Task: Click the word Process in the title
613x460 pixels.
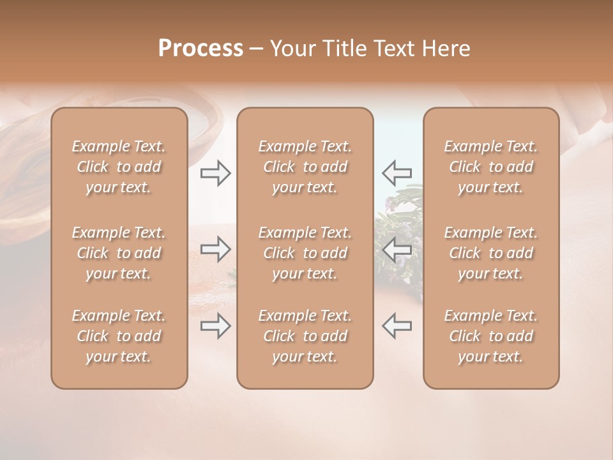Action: point(201,49)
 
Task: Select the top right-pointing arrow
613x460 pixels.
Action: point(215,172)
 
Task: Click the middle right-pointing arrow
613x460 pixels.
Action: point(215,249)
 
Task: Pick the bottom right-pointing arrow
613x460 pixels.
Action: point(215,326)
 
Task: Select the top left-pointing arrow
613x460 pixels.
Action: point(397,172)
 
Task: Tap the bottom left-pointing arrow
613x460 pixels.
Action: point(397,326)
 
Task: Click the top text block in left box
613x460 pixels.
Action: point(119,167)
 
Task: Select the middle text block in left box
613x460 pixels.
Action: point(119,253)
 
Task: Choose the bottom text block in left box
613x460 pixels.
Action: point(119,336)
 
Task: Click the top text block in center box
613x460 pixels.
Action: point(305,167)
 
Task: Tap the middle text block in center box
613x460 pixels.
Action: point(305,253)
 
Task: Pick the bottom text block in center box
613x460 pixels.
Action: point(305,336)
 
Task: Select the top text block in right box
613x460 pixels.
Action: point(491,167)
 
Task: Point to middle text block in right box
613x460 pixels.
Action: point(491,253)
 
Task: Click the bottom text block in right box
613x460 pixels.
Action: point(491,336)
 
